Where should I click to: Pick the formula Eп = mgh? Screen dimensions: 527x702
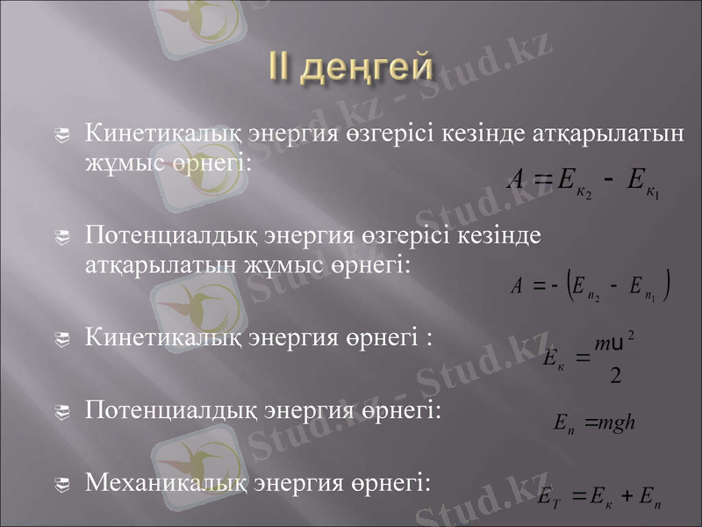pyautogui.click(x=594, y=423)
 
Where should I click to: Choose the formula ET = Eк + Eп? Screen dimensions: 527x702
pyautogui.click(x=601, y=500)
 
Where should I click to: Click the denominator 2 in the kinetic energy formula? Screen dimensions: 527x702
pyautogui.click(x=615, y=377)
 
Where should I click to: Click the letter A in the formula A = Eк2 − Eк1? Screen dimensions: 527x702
pyautogui.click(x=517, y=178)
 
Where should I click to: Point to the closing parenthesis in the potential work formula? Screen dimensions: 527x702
pyautogui.click(x=669, y=285)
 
